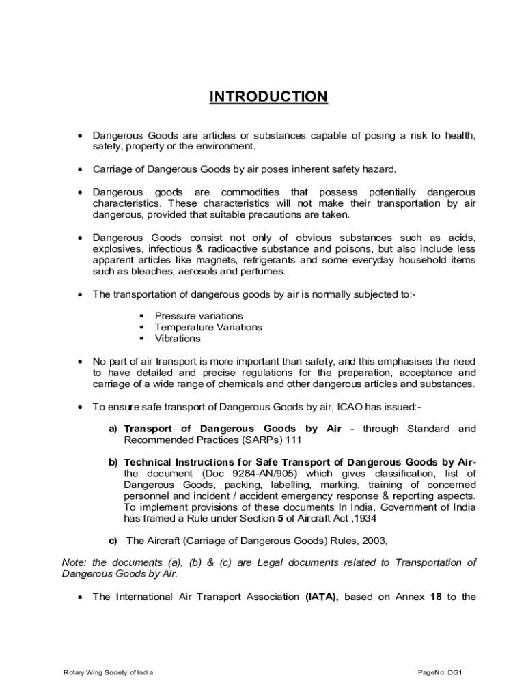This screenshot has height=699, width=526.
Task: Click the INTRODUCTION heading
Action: point(268,97)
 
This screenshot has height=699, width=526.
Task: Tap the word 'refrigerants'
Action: point(294,261)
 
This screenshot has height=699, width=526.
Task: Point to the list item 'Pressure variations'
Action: point(199,316)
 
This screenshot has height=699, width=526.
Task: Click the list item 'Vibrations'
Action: point(178,339)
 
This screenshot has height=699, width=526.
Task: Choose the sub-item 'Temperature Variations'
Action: point(208,327)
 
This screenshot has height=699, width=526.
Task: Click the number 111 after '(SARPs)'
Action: point(294,440)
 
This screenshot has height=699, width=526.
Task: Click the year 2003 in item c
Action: point(373,541)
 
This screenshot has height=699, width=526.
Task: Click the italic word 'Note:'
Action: point(74,562)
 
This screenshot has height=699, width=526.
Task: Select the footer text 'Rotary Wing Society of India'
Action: point(108,673)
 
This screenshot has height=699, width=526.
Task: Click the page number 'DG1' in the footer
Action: point(456,673)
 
